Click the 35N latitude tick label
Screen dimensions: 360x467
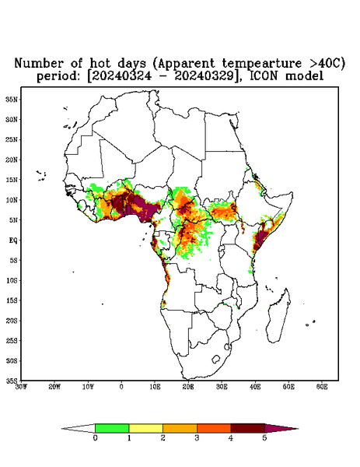click(12, 99)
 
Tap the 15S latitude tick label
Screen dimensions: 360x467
click(12, 300)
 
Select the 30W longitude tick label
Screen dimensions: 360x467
click(22, 387)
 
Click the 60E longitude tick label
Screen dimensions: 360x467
click(322, 387)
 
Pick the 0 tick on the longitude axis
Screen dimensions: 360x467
click(121, 387)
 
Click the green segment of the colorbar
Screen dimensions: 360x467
click(112, 428)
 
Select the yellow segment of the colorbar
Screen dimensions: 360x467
click(145, 428)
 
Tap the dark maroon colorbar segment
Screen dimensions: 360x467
click(248, 428)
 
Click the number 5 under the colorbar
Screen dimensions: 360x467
click(264, 438)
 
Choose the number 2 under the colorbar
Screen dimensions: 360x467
click(163, 438)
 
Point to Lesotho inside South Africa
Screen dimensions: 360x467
click(215, 359)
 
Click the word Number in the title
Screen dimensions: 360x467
click(39, 64)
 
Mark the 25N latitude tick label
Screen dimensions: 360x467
click(12, 139)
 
